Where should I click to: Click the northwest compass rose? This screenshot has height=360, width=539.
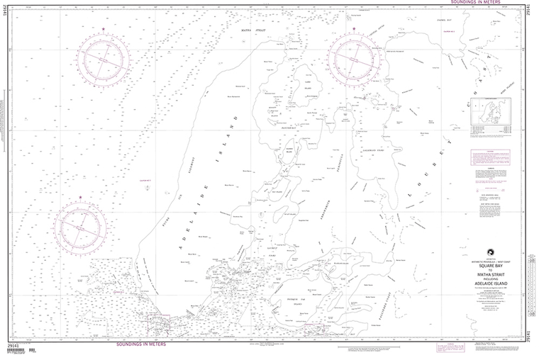tap(104, 58)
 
